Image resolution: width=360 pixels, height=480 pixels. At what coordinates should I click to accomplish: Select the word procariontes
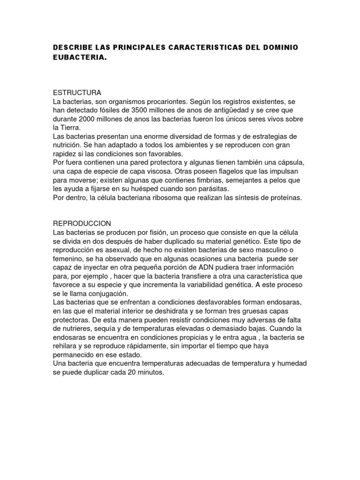(x=165, y=102)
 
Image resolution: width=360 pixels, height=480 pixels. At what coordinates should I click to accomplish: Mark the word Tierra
(x=70, y=127)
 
